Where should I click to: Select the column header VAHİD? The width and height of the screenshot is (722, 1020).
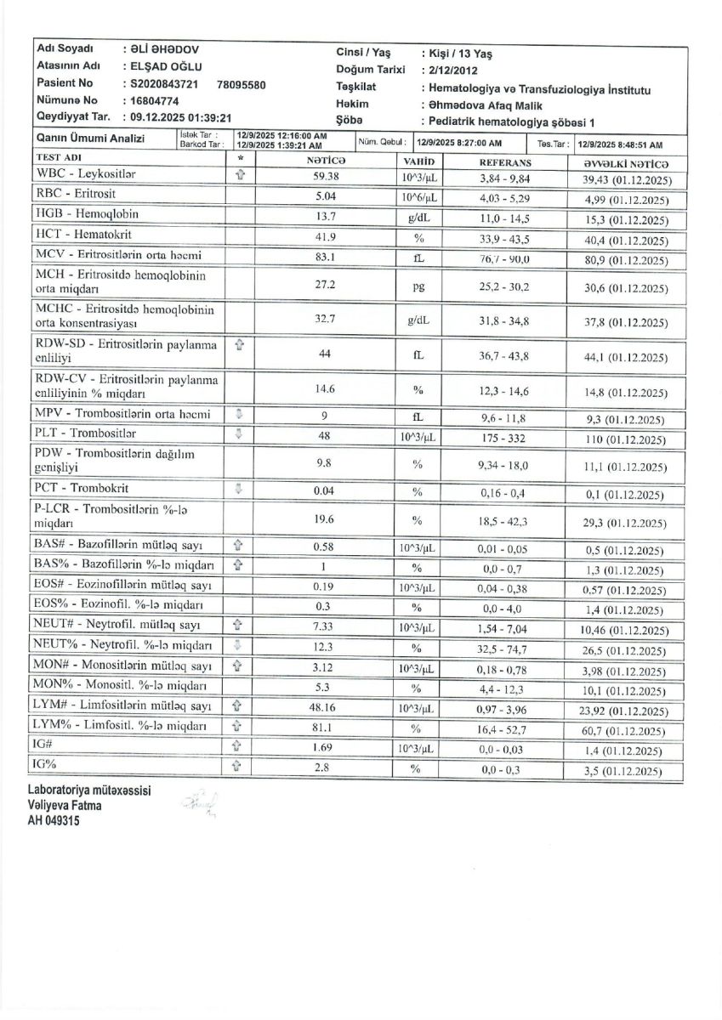pos(418,161)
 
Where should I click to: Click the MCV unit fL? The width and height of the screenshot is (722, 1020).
pos(418,256)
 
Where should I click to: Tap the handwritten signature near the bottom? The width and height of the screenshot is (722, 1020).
pos(199,804)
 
